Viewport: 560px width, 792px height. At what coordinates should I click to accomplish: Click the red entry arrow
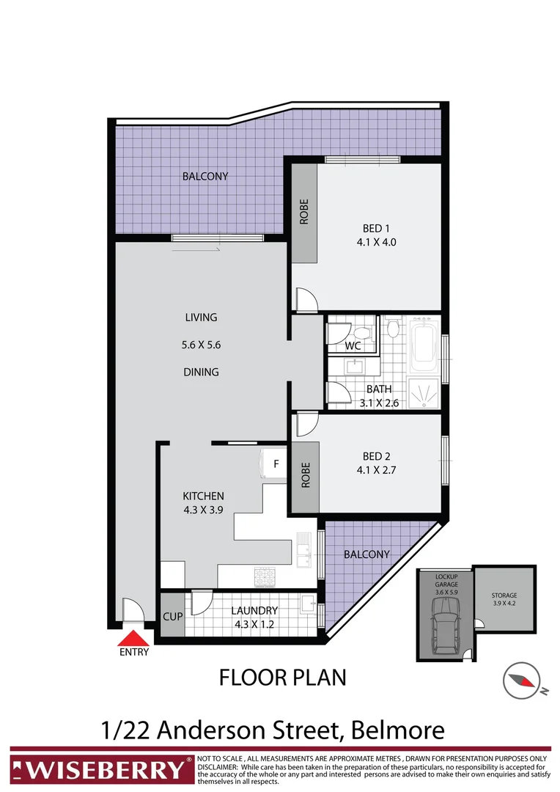pos(133,638)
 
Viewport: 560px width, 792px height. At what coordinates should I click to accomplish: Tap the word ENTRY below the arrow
pos(133,652)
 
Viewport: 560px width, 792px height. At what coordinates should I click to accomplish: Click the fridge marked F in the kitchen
pos(276,464)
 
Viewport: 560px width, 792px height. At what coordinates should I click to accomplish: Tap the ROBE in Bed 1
pos(304,213)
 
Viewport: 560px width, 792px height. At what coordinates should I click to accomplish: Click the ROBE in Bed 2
pos(306,475)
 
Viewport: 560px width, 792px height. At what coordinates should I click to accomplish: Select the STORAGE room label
pos(504,599)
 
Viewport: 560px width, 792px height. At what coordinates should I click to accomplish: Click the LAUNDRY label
pos(254,610)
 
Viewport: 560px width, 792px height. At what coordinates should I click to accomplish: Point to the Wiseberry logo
pos(100,769)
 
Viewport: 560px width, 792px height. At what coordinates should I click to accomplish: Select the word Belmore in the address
pos(398,730)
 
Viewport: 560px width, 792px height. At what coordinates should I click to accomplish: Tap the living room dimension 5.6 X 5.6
pos(201,344)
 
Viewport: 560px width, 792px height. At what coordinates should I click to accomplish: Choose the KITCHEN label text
pos(203,496)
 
